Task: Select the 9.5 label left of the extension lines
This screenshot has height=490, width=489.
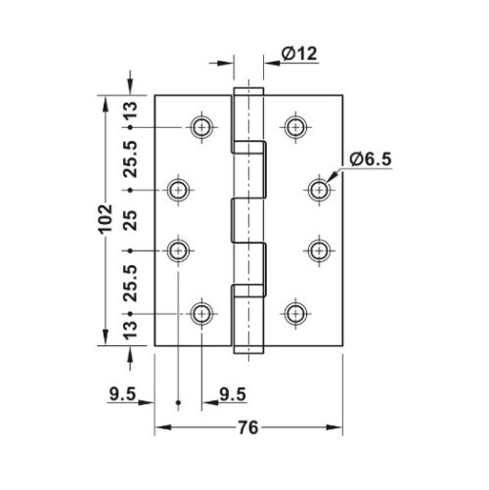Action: coord(122,395)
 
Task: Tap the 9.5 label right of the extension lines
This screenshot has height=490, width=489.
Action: coord(233,395)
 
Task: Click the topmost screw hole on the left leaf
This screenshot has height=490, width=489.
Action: coord(201,126)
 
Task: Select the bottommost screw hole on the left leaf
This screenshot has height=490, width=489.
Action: coord(201,313)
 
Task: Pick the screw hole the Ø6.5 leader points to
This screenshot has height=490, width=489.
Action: coord(320,189)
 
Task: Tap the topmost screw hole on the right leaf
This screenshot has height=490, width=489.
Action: coord(295,126)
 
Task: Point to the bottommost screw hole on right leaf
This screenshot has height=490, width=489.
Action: coord(295,313)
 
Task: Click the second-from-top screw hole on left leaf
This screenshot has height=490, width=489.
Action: coord(178,189)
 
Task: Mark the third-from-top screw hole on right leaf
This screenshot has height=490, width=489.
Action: coord(320,251)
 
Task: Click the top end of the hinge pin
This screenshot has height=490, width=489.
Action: coord(247,91)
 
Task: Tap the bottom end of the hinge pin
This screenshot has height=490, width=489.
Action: coord(247,348)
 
